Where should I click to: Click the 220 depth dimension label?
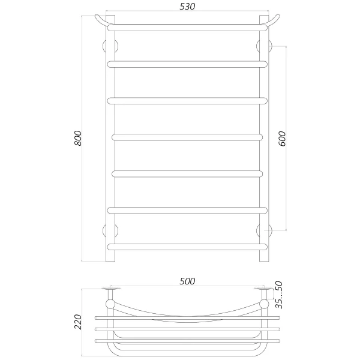pos(77,322)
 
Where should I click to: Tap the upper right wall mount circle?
pos(263,46)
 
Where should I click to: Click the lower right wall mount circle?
pos(263,230)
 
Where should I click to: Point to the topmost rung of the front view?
pos(187,27)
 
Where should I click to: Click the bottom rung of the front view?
pos(187,246)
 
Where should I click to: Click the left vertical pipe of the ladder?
pos(110,144)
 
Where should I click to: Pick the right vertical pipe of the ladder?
pos(263,144)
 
